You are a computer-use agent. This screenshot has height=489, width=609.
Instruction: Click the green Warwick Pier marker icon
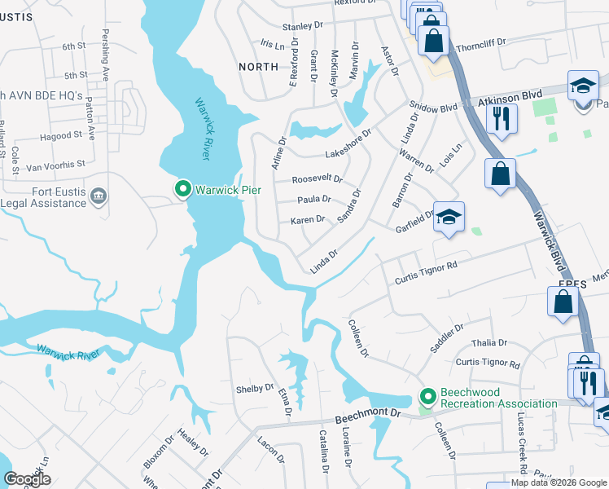tap(184, 190)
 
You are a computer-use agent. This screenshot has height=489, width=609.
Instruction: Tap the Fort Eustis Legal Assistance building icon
tap(99, 196)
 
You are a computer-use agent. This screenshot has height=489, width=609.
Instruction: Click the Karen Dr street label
tap(308, 220)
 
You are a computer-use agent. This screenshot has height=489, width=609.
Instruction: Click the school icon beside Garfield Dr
tap(449, 218)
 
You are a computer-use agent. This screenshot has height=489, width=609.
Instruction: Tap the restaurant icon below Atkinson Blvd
tap(501, 120)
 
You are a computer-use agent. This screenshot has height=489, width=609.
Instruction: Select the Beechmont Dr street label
tap(373, 413)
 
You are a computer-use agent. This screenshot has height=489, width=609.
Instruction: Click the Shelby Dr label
tap(255, 389)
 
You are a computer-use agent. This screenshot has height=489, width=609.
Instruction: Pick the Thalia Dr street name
tap(491, 343)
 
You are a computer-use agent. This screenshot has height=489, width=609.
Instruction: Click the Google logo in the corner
tap(27, 478)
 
